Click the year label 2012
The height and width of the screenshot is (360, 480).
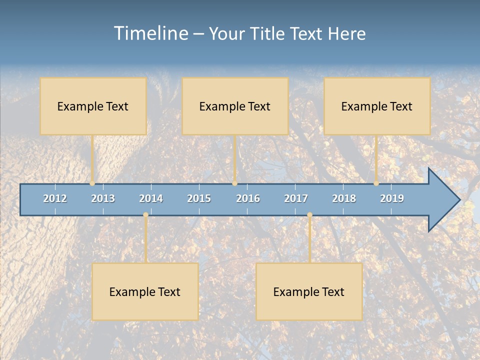point(55,198)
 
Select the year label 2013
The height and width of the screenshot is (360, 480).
point(103,198)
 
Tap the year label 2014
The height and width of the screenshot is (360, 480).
point(151,198)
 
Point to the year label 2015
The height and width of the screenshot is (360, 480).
point(199,198)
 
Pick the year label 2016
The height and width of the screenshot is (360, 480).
point(248,198)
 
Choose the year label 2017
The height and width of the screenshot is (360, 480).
point(296,198)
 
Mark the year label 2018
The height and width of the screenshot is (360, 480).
point(344,198)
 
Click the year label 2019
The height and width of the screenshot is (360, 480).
point(392,198)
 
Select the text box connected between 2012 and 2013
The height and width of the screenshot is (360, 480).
point(93,106)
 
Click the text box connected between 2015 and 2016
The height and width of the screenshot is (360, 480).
point(235,106)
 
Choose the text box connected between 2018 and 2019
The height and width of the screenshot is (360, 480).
point(377,106)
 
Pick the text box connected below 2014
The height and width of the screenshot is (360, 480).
point(145,291)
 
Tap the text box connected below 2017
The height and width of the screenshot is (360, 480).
point(309,291)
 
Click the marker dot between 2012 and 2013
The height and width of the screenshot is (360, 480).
point(92,183)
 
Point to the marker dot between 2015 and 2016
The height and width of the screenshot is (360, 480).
point(235,183)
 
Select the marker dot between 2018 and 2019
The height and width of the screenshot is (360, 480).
point(376,183)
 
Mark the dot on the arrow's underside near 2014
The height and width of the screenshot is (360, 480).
point(145,215)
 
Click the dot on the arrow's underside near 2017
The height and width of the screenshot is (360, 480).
point(309,215)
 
